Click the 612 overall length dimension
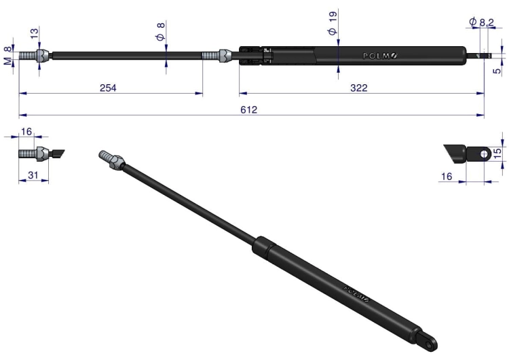(248, 110)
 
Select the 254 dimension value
(108, 88)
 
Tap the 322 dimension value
(359, 88)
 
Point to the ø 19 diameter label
(333, 22)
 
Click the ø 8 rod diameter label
(161, 31)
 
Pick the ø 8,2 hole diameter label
(481, 22)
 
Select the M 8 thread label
(7, 56)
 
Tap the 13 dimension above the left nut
(34, 33)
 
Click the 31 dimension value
(33, 175)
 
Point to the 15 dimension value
(497, 154)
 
